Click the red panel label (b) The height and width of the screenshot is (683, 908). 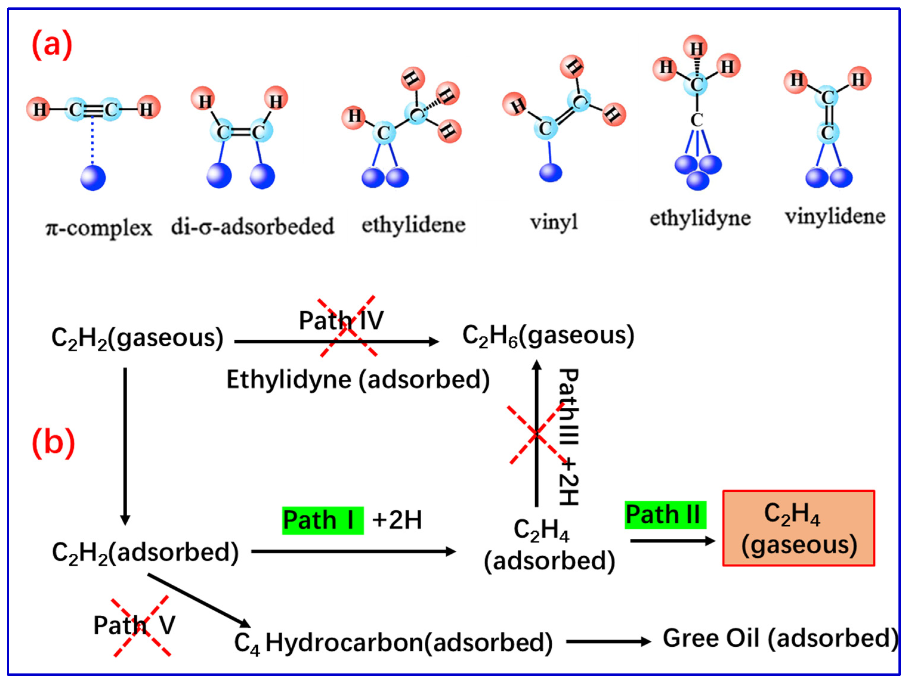[x=53, y=443]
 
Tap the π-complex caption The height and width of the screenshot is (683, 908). [x=98, y=228]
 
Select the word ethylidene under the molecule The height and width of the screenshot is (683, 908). [x=413, y=225]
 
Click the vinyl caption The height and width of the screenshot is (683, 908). [x=554, y=222]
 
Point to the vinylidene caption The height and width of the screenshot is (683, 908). [x=835, y=216]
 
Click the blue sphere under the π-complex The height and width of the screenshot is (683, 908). [x=93, y=178]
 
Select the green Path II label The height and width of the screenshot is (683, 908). [x=665, y=514]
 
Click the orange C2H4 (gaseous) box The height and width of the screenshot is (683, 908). [x=798, y=528]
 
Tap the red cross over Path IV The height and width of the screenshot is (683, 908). [x=348, y=326]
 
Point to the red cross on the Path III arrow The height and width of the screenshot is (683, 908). [x=536, y=434]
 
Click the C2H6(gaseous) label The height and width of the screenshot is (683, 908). [x=548, y=336]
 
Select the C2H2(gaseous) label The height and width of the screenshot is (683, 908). [x=137, y=339]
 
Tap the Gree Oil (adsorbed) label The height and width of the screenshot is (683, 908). [x=780, y=639]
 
